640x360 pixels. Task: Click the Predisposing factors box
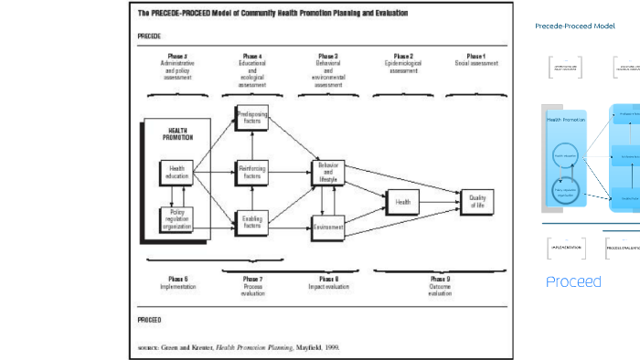tap(252, 116)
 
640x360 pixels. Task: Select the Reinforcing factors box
tap(252, 171)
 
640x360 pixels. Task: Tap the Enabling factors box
tap(252, 221)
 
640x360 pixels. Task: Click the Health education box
tap(176, 171)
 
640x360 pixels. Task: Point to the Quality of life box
tap(477, 200)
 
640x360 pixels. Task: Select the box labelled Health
tap(403, 200)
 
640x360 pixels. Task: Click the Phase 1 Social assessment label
tap(476, 60)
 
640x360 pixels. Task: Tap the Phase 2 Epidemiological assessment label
tap(403, 63)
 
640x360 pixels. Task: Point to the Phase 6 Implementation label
tap(177, 282)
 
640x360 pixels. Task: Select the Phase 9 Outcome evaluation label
tap(440, 285)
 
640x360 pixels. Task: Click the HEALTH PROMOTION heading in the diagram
tap(177, 134)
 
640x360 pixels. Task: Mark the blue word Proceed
tap(573, 281)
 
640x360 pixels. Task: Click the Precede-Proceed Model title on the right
tap(575, 26)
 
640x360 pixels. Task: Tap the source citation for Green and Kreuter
tap(239, 347)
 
